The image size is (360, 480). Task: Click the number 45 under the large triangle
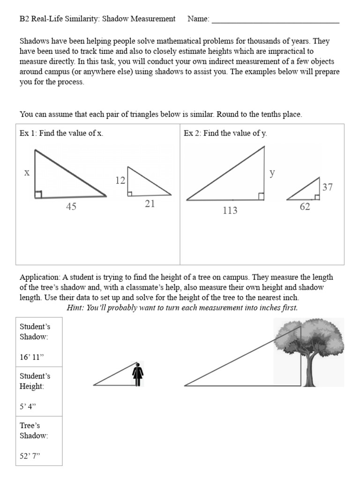point(71,207)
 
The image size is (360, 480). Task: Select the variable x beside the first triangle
point(27,172)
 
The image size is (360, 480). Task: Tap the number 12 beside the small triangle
point(120,180)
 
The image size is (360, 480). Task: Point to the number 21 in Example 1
point(150,204)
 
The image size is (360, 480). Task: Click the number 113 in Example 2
point(230,211)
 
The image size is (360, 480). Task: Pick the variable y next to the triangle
point(272,173)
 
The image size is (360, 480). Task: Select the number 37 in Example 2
point(327,187)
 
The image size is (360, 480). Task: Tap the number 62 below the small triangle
point(305,207)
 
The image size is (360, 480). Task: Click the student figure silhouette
point(138,375)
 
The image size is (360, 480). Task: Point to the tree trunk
point(309,373)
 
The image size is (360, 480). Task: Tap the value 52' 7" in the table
point(30,456)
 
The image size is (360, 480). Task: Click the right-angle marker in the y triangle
point(261,196)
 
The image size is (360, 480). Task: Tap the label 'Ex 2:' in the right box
point(192,134)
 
